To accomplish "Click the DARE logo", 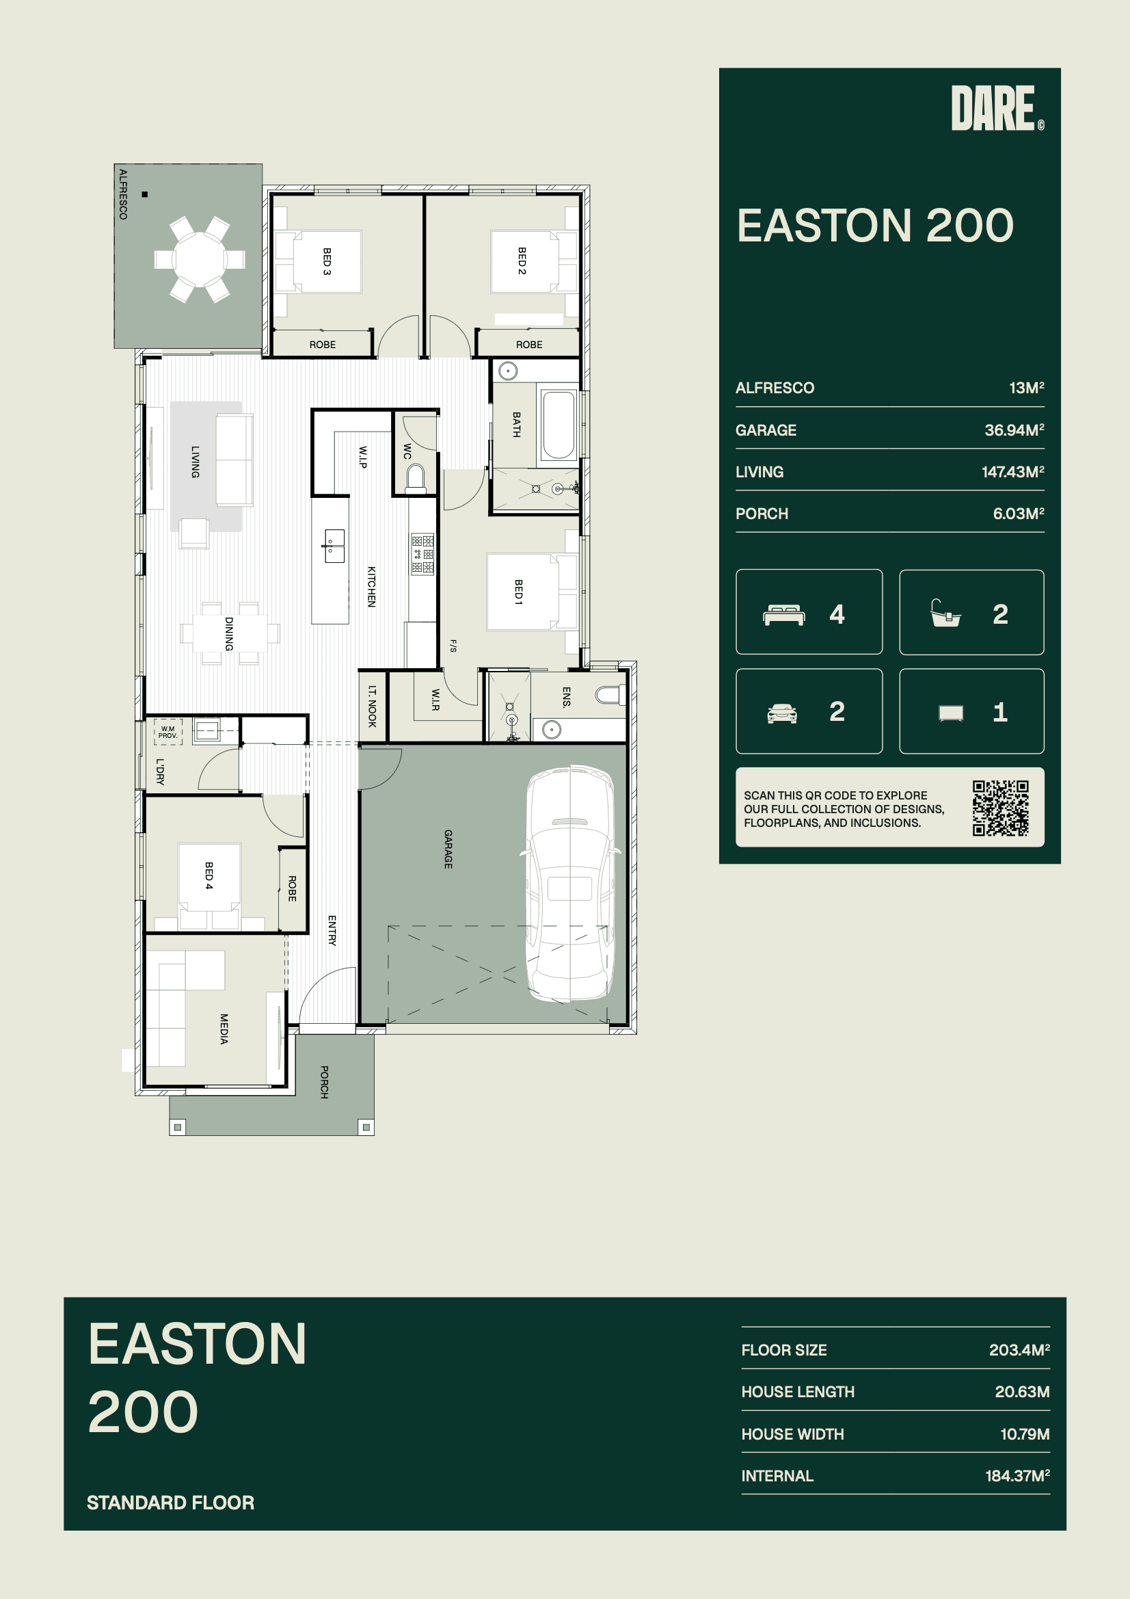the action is (x=997, y=108).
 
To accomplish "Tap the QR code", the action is (x=1001, y=808).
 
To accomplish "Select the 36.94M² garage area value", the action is (x=1014, y=430).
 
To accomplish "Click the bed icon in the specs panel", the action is (x=784, y=615).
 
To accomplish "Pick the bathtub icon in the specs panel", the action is (x=945, y=613).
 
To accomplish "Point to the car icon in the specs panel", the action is (x=782, y=713).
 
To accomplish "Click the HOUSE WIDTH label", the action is (x=792, y=1434).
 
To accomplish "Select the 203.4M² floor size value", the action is (x=1019, y=1349).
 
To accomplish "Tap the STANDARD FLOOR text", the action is (x=171, y=1502).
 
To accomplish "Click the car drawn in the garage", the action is (x=570, y=884).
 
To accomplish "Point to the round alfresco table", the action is (x=199, y=259).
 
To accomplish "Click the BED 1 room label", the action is (x=518, y=592).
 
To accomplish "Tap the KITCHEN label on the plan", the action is (x=371, y=586).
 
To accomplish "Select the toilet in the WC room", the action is (x=416, y=479).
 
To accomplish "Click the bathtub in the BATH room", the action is (x=559, y=425).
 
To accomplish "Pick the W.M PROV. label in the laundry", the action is (x=167, y=732).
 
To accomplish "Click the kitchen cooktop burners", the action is (x=422, y=554).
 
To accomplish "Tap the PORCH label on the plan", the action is (x=324, y=1081).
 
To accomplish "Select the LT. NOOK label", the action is (x=372, y=706).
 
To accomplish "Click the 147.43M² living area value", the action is (x=1013, y=472).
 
